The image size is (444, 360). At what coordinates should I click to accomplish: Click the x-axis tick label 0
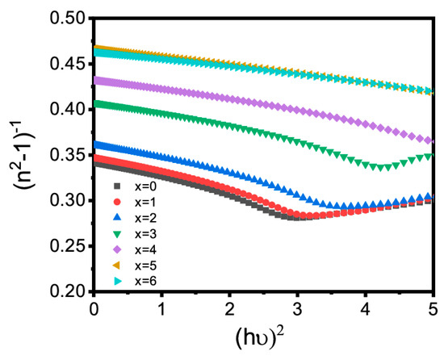pyautogui.click(x=94, y=310)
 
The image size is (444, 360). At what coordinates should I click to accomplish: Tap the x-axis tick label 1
pyautogui.click(x=161, y=310)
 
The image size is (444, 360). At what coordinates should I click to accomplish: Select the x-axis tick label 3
pyautogui.click(x=297, y=310)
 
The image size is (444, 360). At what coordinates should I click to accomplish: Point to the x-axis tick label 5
pyautogui.click(x=432, y=310)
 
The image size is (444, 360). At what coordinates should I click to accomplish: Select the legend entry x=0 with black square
pyautogui.click(x=136, y=186)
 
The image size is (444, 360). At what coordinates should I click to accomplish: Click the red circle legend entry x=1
pyautogui.click(x=136, y=201)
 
